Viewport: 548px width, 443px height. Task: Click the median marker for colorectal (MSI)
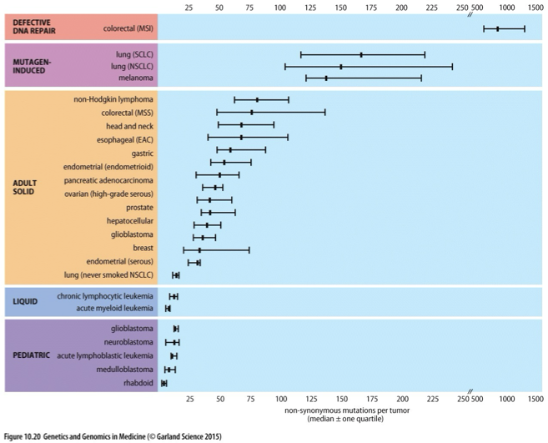[497, 28]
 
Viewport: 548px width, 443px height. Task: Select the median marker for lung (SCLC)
[361, 54]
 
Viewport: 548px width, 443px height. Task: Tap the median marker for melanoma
[326, 78]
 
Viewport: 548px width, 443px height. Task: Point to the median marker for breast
[199, 249]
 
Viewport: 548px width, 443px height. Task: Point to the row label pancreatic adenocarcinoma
[108, 180]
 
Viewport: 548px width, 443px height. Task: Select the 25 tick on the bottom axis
[189, 400]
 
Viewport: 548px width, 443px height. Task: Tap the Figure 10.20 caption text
[113, 435]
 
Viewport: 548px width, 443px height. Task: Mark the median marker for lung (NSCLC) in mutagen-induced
[341, 66]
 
